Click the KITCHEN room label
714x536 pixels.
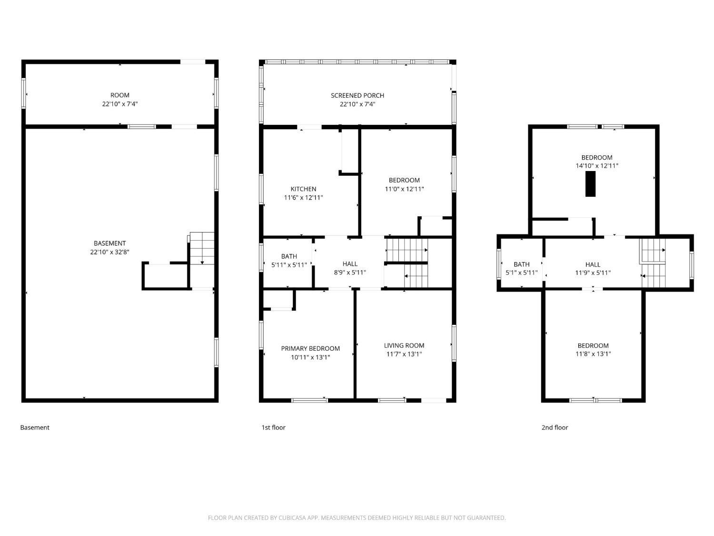pyautogui.click(x=303, y=189)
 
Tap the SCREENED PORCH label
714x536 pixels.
pyautogui.click(x=357, y=96)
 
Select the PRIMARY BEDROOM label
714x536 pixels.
pyautogui.click(x=310, y=349)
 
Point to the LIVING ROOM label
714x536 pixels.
pyautogui.click(x=404, y=345)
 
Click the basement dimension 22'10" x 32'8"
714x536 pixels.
pyautogui.click(x=109, y=252)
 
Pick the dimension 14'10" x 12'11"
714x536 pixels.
pyautogui.click(x=597, y=166)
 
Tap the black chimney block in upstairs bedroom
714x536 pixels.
pyautogui.click(x=590, y=184)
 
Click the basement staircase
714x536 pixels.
pyautogui.click(x=202, y=248)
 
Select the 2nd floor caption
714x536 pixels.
pyautogui.click(x=555, y=428)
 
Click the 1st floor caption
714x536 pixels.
pyautogui.click(x=273, y=428)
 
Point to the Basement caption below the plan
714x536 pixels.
pyautogui.click(x=35, y=428)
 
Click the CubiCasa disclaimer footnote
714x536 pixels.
pyautogui.click(x=357, y=518)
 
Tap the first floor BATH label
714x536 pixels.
pyautogui.click(x=289, y=256)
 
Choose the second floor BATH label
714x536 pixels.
pyautogui.click(x=521, y=264)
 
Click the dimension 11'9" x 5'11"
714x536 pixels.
pyautogui.click(x=593, y=273)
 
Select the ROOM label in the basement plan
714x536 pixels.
pyautogui.click(x=119, y=95)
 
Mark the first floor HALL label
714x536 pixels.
pyautogui.click(x=350, y=264)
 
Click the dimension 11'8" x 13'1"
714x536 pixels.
pyautogui.click(x=593, y=354)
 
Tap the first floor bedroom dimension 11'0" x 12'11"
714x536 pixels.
pyautogui.click(x=404, y=189)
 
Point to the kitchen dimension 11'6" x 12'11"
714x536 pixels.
pyautogui.click(x=303, y=198)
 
